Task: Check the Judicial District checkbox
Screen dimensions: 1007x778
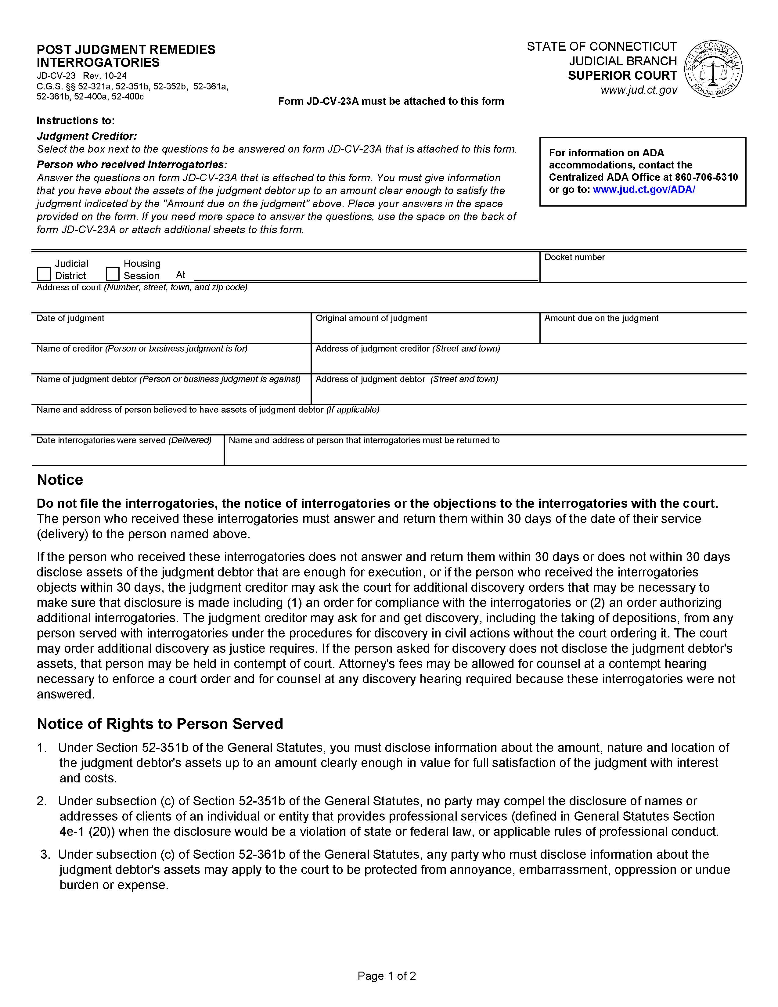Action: (x=44, y=274)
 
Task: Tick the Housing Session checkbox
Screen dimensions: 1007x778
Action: (x=113, y=274)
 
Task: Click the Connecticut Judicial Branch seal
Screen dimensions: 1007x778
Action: (x=713, y=69)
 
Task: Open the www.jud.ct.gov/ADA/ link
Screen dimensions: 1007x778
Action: (x=643, y=189)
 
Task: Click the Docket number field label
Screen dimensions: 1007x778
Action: (x=574, y=257)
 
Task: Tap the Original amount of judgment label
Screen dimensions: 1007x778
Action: (x=371, y=318)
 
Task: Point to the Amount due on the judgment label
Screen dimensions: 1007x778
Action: (x=601, y=318)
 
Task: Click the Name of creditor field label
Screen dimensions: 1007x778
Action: (x=142, y=348)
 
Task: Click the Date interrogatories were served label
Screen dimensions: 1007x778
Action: (x=124, y=440)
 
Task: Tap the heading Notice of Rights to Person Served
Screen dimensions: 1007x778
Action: (x=160, y=724)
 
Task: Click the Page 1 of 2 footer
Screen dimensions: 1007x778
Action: (x=387, y=976)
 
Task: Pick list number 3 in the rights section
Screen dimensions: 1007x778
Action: (x=45, y=854)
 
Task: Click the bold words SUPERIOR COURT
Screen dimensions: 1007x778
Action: (x=622, y=76)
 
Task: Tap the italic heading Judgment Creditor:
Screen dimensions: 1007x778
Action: (x=87, y=136)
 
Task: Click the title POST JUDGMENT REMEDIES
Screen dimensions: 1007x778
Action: (x=126, y=50)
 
